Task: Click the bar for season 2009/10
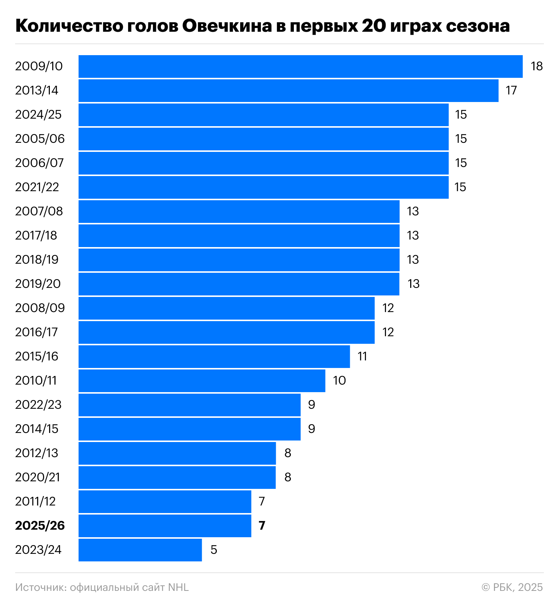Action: pos(300,66)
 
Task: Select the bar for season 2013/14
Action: pos(288,91)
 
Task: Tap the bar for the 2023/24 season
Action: pos(140,550)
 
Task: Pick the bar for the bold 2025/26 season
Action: pos(165,526)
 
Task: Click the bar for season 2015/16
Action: pos(214,357)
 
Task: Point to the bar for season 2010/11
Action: pos(202,381)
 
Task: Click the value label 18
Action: pos(536,66)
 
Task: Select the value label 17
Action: pos(511,91)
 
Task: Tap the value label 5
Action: pos(214,550)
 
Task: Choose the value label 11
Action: pos(362,357)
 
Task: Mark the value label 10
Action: pos(339,381)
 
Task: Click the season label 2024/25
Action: pos(38,115)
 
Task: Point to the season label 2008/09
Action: pos(40,308)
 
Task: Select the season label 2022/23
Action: pos(38,405)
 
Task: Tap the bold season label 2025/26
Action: pos(40,526)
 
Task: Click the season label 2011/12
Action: pos(35,502)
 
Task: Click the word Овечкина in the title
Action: pos(227,26)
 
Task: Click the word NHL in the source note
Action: pos(178,587)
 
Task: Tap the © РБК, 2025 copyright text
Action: pos(512,587)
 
